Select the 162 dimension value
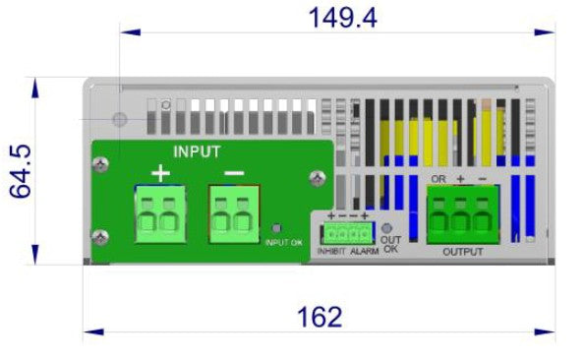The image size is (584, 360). coord(320,317)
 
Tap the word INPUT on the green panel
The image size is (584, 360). coord(197,151)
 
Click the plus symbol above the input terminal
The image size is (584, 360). coord(160,174)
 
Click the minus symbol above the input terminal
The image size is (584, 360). coord(233,174)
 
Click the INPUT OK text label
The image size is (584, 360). coord(284,242)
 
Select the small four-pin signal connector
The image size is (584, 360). coord(347,232)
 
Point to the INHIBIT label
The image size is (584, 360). coord(329,252)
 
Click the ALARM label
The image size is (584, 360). coord(365,252)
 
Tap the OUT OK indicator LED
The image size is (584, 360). coord(389,227)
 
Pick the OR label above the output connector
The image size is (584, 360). coord(439,179)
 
